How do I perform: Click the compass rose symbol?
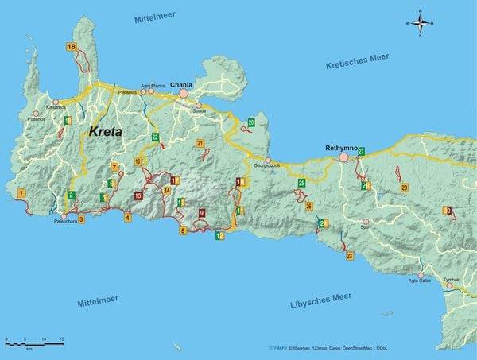point(421,23)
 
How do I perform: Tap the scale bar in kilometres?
point(34,343)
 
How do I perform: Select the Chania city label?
point(182,83)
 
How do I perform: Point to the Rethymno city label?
point(342,148)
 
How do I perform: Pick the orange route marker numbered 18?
point(72,48)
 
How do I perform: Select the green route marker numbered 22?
point(156,137)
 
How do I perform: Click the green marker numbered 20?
point(251,122)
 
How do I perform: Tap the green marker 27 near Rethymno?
point(360,151)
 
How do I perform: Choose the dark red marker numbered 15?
point(138,195)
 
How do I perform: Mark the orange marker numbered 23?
point(350,256)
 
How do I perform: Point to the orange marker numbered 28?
point(404,188)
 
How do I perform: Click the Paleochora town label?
point(66,223)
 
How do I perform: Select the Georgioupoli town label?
point(267,166)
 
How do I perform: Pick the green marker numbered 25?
point(301,184)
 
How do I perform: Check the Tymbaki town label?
point(452,280)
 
